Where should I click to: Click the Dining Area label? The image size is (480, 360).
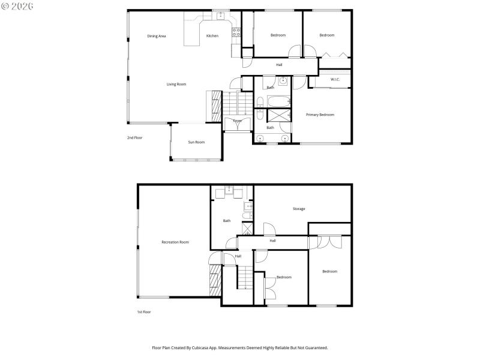click(157, 36)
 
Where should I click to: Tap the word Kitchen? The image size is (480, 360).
click(212, 36)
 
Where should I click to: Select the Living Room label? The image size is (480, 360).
click(176, 84)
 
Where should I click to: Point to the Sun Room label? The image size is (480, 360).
click(196, 142)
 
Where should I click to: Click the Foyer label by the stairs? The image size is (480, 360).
click(238, 121)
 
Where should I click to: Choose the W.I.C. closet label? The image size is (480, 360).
click(335, 79)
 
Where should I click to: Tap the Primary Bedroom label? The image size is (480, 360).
click(320, 115)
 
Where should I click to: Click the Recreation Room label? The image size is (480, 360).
click(175, 242)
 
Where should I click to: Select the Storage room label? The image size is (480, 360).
click(299, 209)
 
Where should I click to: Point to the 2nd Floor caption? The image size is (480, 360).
click(134, 137)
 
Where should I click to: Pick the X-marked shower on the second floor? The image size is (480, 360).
click(278, 116)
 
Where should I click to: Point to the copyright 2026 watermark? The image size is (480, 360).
click(17, 6)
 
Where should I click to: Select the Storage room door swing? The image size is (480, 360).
click(269, 229)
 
